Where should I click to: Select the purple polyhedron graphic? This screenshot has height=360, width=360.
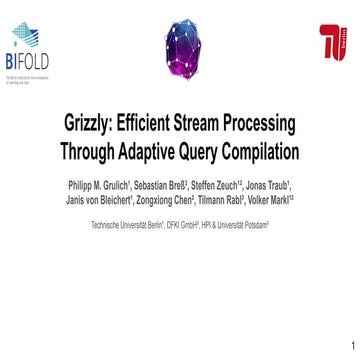(180, 48)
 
